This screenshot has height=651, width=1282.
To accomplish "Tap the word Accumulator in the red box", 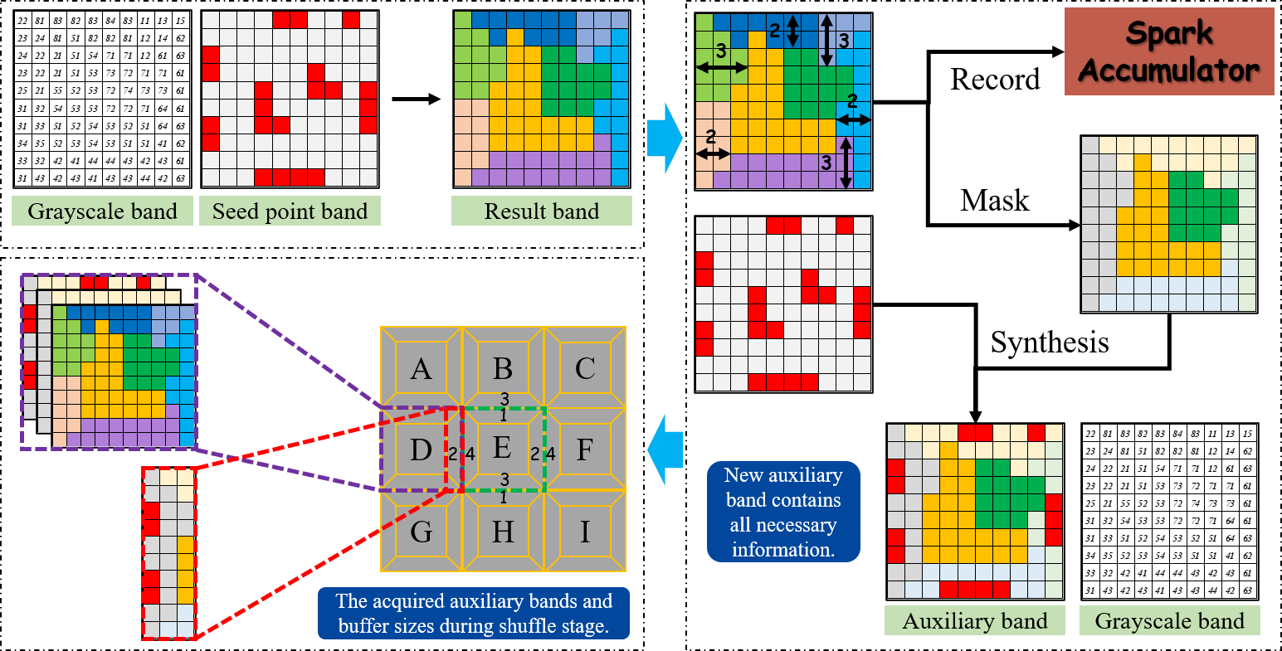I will point(1168,70).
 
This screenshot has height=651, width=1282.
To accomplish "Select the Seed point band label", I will point(290,211).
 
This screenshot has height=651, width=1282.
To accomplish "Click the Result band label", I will point(541,211).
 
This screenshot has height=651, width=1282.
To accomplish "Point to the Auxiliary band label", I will point(974,621).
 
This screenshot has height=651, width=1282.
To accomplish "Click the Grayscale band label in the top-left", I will point(102,211).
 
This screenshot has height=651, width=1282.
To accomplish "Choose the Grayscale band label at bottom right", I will point(1169,621).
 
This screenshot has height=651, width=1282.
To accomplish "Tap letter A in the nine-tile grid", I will point(421,367).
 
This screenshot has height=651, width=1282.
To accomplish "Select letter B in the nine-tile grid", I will point(503,367).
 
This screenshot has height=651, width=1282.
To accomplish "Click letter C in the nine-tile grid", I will point(585,367).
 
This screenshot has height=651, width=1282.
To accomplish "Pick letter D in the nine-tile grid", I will point(421,449).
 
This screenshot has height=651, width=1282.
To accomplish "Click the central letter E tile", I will point(502,448).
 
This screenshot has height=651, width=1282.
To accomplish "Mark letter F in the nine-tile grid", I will point(585,449).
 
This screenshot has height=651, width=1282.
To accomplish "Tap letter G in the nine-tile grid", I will point(421,531).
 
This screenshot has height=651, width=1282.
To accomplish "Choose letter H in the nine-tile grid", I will point(503,531).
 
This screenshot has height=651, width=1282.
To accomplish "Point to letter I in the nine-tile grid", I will point(585,531).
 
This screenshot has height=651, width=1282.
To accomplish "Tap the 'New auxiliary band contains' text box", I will point(783,512).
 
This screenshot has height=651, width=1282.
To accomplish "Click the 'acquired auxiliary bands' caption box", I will point(474,614).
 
